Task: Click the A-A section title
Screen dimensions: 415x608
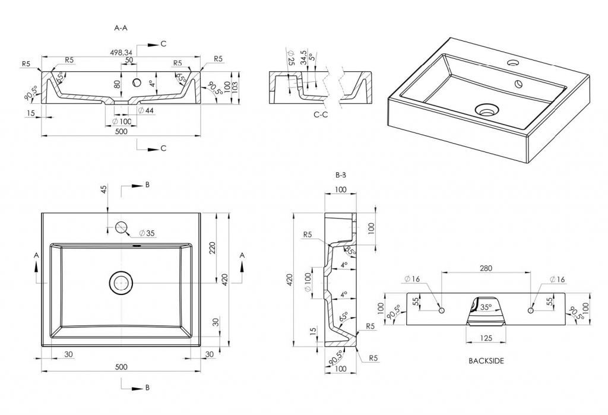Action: tap(121, 28)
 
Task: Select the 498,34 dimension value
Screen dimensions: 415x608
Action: tap(122, 53)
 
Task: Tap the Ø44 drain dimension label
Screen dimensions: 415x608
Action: tap(145, 110)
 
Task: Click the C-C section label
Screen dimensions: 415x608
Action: tap(321, 114)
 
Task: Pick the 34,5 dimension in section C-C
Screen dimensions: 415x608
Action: tap(305, 58)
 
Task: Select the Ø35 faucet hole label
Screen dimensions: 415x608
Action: tap(146, 233)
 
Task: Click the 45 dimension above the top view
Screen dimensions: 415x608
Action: tap(104, 190)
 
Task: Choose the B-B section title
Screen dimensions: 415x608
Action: tap(341, 175)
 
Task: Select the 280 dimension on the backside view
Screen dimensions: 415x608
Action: tap(486, 268)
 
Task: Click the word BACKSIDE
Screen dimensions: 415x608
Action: tap(486, 360)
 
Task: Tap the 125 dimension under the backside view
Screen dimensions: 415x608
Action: tap(486, 338)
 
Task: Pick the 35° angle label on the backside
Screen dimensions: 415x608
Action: tap(486, 308)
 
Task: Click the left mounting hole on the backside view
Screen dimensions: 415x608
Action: tap(442, 311)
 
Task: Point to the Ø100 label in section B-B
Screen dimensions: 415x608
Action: tap(308, 281)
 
